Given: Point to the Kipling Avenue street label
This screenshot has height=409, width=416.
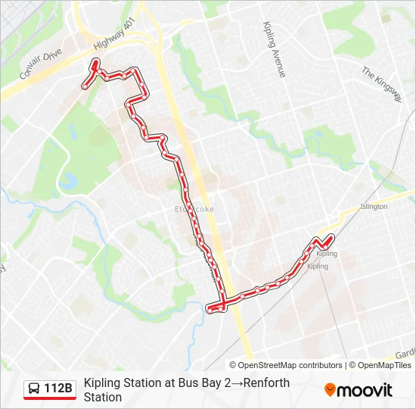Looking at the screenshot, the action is [274, 48].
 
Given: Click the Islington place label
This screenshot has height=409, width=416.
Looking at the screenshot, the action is [373, 206].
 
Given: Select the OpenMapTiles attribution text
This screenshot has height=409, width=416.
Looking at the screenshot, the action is [384, 365].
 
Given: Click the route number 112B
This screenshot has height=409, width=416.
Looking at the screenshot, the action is [58, 389].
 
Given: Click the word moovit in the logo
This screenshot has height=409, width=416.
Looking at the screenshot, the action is [365, 390].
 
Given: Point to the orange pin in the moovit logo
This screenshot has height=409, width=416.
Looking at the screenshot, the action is [330, 390].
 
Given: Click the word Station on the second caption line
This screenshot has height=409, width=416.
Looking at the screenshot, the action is [103, 397].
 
